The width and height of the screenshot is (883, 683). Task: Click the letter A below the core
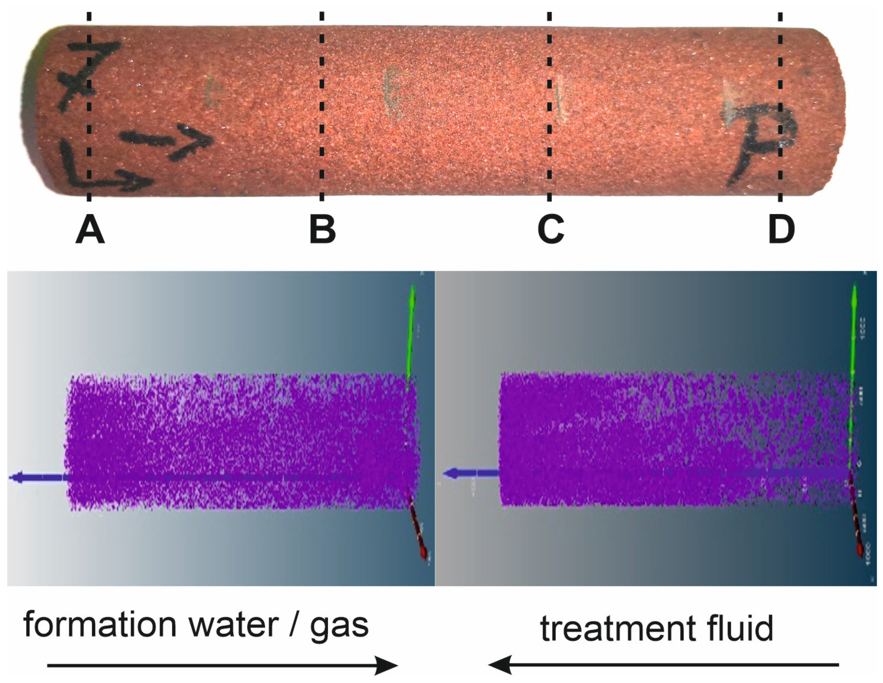coord(90,229)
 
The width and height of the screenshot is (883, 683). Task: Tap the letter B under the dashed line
coord(322,229)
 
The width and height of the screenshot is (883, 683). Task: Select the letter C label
coord(551,229)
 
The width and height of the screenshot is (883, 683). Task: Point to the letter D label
coord(782,229)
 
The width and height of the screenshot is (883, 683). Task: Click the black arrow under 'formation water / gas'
coord(222,665)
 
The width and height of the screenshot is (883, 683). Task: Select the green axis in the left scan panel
coord(411,332)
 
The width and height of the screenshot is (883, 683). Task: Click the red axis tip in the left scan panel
coord(423,553)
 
